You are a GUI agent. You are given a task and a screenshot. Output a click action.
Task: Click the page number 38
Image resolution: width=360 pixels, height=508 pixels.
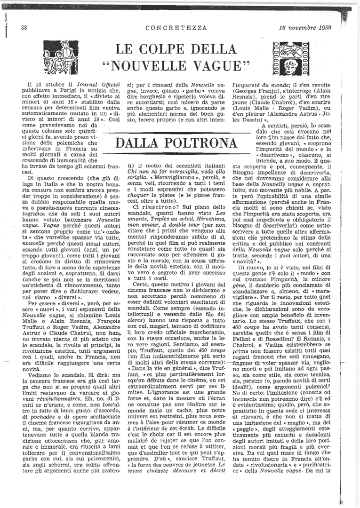tap(24, 27)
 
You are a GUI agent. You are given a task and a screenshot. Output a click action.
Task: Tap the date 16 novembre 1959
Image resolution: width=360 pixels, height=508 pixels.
tap(305, 27)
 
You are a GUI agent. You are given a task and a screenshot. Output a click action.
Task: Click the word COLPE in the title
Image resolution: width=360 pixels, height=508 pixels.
tap(173, 48)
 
